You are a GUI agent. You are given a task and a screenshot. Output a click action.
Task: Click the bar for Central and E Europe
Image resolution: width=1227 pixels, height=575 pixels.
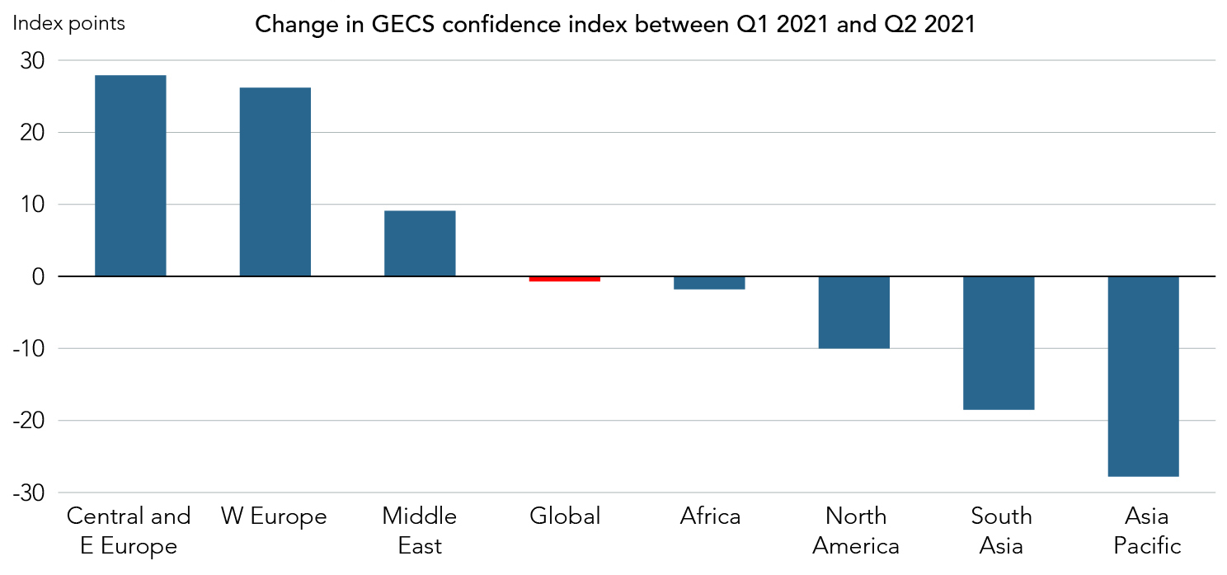tap(130, 176)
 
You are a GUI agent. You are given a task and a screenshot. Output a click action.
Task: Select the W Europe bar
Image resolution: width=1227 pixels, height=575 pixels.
tap(275, 181)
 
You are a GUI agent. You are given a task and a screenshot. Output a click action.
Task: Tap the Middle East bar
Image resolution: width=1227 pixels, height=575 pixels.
tap(420, 243)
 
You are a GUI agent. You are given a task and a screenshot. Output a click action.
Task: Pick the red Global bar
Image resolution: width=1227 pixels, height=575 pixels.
tap(564, 279)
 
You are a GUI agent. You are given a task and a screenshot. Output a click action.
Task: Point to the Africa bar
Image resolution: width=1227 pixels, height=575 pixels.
tap(709, 283)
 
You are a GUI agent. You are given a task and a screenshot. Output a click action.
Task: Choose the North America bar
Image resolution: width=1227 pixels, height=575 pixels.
tap(853, 312)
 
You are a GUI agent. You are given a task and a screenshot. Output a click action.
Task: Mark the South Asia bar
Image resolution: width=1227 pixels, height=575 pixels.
tap(999, 343)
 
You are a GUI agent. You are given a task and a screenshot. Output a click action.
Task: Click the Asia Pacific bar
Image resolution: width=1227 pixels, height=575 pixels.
tap(1143, 376)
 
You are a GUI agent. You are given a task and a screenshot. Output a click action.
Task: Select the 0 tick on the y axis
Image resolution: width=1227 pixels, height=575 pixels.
tap(38, 276)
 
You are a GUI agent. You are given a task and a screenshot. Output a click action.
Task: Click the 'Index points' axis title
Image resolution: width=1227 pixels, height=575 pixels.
tap(68, 23)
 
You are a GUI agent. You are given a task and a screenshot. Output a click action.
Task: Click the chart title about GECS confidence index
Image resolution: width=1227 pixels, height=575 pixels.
tap(614, 25)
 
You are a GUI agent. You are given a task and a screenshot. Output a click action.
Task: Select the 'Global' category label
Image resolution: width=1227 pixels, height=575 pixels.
tap(565, 517)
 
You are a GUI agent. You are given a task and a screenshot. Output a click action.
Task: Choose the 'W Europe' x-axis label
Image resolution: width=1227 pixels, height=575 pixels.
tap(274, 517)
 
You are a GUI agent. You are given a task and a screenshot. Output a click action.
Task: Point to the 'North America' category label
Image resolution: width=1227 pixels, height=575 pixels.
tap(856, 530)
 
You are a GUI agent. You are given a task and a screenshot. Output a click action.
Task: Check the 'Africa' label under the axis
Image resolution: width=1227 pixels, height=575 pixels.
tap(710, 517)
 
